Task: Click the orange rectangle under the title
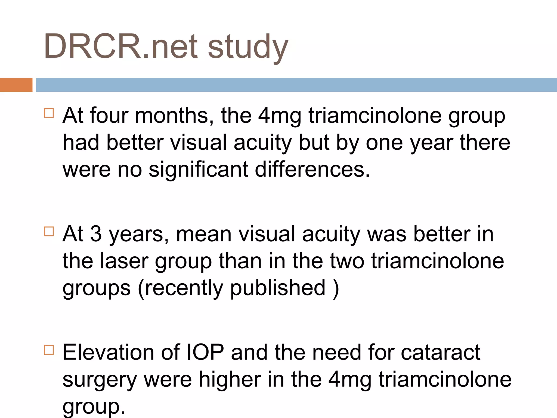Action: point(16,85)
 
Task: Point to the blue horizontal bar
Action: point(296,85)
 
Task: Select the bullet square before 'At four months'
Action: point(49,113)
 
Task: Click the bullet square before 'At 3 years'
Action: point(49,231)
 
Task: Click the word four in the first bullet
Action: point(109,115)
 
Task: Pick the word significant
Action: point(198,169)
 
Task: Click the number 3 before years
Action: point(96,234)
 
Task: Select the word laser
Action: point(124,261)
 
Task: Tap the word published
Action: point(278,288)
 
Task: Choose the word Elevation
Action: point(108,352)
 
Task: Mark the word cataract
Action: point(441,353)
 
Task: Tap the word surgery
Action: point(100,380)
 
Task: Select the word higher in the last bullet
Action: point(230,379)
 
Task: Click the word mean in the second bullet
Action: point(204,234)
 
